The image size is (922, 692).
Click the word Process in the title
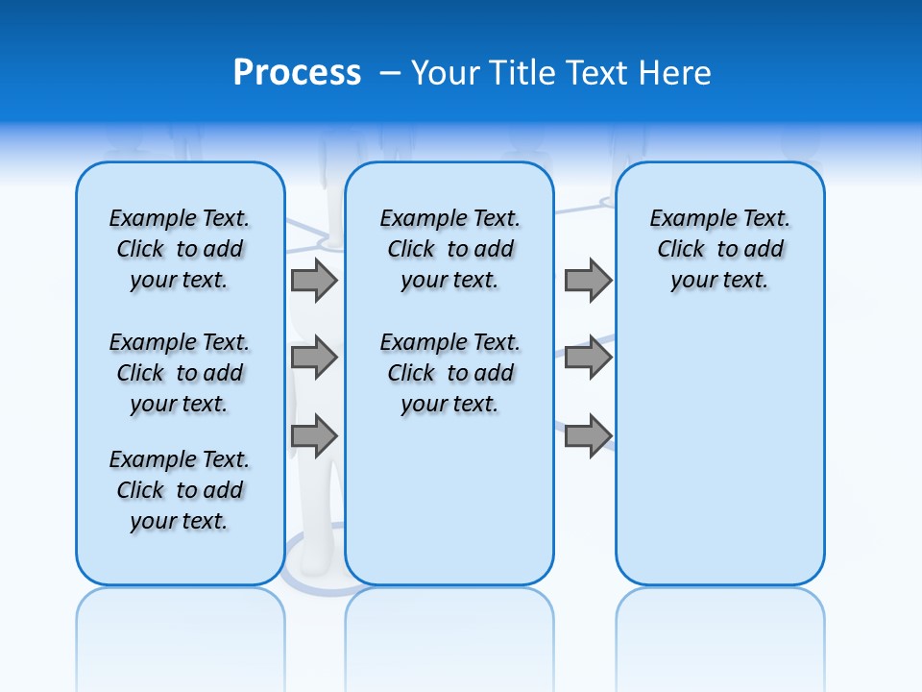pyautogui.click(x=297, y=73)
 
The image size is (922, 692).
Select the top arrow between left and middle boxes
pyautogui.click(x=314, y=280)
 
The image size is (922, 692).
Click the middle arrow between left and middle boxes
pyautogui.click(x=314, y=358)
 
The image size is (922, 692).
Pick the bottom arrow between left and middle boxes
pyautogui.click(x=314, y=435)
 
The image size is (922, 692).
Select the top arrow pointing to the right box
pyautogui.click(x=588, y=280)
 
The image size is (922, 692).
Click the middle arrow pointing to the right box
pyautogui.click(x=588, y=358)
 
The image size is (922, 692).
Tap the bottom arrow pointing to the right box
pyautogui.click(x=588, y=435)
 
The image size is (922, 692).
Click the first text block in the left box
pyautogui.click(x=180, y=249)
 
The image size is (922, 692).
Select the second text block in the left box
pyautogui.click(x=180, y=373)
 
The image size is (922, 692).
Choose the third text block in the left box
pyautogui.click(x=180, y=490)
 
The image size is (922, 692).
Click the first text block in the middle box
pyautogui.click(x=449, y=249)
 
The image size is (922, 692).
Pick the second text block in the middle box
pyautogui.click(x=449, y=373)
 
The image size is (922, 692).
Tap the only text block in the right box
pyautogui.click(x=719, y=249)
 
